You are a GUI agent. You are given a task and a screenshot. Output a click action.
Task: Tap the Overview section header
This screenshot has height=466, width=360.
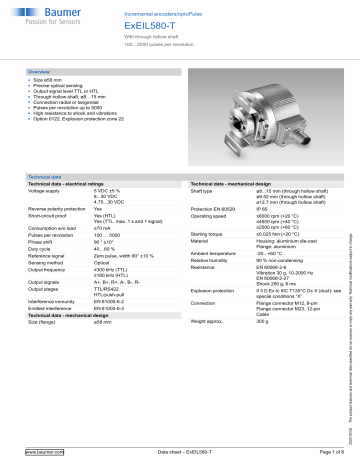[41, 74]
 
